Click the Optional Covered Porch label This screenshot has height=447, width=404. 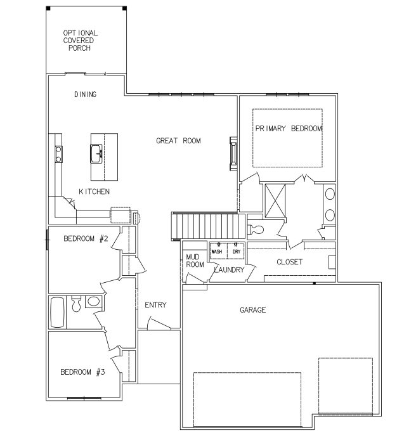point(81,41)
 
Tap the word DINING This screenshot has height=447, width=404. point(85,94)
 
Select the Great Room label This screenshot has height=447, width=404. point(178,141)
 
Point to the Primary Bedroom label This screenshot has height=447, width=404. point(289,129)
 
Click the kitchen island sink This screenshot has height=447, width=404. point(96,153)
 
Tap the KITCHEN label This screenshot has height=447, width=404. point(94,191)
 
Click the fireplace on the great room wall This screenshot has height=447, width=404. point(233,153)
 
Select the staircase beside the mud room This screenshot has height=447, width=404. point(209,226)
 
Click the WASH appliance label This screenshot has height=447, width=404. point(217,252)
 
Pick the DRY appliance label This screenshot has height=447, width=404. point(237,252)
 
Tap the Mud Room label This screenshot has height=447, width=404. point(195,261)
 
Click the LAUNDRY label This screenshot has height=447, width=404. point(230,269)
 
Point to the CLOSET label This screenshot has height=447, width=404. point(290,262)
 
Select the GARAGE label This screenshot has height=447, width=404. point(253,310)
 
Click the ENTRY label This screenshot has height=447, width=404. point(155,305)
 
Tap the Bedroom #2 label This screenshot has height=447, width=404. point(86,238)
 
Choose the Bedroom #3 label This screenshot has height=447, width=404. point(82,372)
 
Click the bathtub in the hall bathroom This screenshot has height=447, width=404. point(57,313)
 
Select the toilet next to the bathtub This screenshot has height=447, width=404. point(76,304)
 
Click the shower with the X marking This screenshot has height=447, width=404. point(275,201)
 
